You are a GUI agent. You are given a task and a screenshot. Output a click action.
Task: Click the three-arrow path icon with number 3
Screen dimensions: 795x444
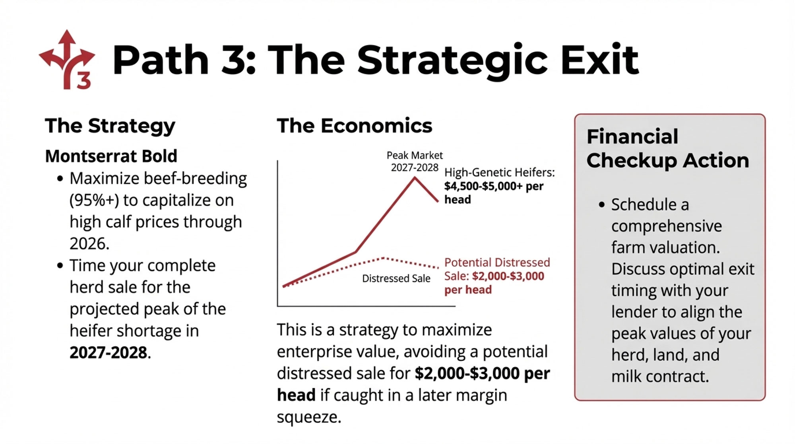tap(67, 60)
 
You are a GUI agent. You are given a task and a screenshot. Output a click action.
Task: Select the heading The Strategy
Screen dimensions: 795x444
tap(110, 127)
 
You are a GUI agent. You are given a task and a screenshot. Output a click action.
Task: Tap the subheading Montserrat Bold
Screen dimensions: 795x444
tap(111, 156)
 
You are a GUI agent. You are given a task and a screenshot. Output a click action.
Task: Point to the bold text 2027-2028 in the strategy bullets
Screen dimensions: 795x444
tap(108, 352)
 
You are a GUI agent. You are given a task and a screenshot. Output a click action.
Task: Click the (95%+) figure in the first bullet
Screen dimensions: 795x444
tap(94, 200)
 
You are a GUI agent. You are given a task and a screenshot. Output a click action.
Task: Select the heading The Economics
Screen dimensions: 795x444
tap(354, 126)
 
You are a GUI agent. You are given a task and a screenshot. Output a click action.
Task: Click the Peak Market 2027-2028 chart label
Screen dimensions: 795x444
tap(415, 161)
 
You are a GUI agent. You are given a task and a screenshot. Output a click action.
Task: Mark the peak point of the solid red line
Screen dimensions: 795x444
tap(415, 177)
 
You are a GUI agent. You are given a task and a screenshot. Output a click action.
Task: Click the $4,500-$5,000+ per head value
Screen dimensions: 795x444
tap(494, 193)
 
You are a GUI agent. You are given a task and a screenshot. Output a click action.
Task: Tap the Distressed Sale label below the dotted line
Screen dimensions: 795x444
tap(396, 278)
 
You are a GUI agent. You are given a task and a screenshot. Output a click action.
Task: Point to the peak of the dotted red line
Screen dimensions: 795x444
tap(384, 258)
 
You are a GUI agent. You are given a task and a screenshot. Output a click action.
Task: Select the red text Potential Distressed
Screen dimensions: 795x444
tap(497, 263)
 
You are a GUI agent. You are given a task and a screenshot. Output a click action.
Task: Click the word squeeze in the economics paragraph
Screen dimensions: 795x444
tap(308, 417)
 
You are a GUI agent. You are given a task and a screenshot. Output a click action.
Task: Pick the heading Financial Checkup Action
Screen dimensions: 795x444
tap(667, 148)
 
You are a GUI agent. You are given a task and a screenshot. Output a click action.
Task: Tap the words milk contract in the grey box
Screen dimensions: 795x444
tap(660, 376)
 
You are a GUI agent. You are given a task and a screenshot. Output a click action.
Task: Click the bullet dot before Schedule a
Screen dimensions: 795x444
tap(602, 205)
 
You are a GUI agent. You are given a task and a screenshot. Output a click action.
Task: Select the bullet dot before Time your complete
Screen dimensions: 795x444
tap(60, 265)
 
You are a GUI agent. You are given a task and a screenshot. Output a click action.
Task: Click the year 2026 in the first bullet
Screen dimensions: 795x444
tap(89, 243)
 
